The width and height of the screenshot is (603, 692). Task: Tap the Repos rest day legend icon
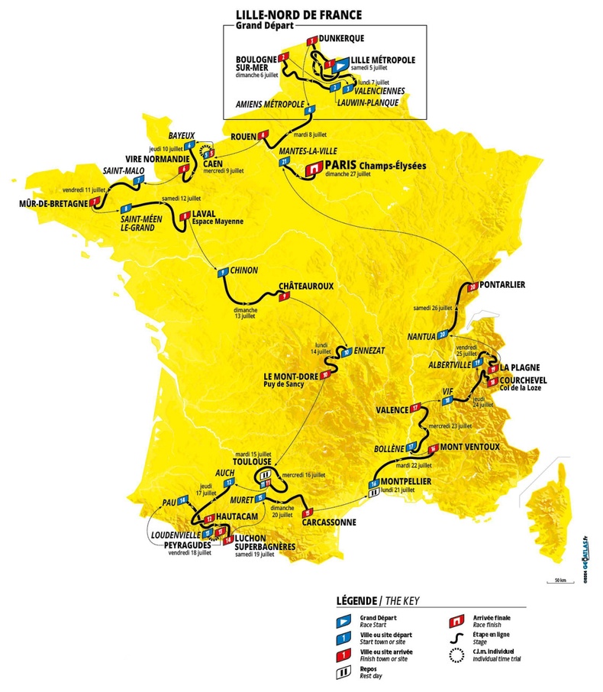click(x=344, y=672)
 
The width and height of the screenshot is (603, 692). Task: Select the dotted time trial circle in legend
click(x=458, y=655)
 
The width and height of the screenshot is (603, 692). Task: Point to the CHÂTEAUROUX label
click(x=306, y=286)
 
